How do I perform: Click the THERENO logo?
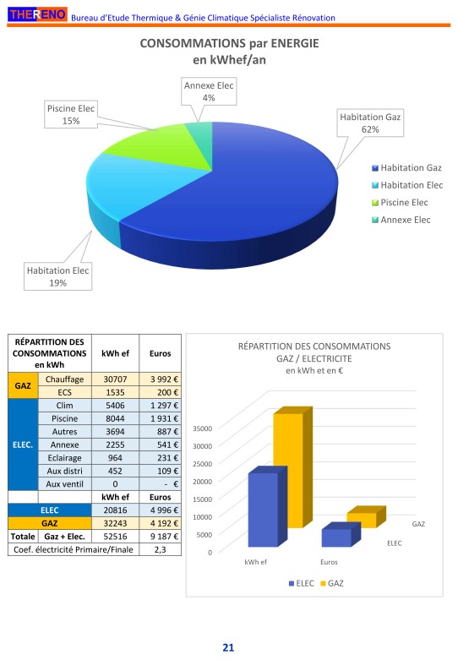point(37,14)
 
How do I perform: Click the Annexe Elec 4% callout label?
point(209,91)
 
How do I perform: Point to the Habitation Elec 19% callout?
point(57,276)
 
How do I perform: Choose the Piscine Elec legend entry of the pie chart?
point(400,203)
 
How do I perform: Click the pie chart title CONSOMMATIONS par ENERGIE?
point(229,43)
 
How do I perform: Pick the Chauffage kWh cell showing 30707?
point(115,379)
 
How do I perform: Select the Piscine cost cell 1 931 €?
point(161,418)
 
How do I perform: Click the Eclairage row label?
point(64,457)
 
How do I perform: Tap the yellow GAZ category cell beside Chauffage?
point(23,385)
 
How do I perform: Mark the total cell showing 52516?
point(115,537)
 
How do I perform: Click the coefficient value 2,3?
point(161,549)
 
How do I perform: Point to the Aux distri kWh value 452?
point(115,471)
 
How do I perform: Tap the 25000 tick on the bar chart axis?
point(203,464)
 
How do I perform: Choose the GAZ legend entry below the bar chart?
point(332,583)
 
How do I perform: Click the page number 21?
point(228,647)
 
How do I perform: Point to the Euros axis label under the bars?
point(329,562)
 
